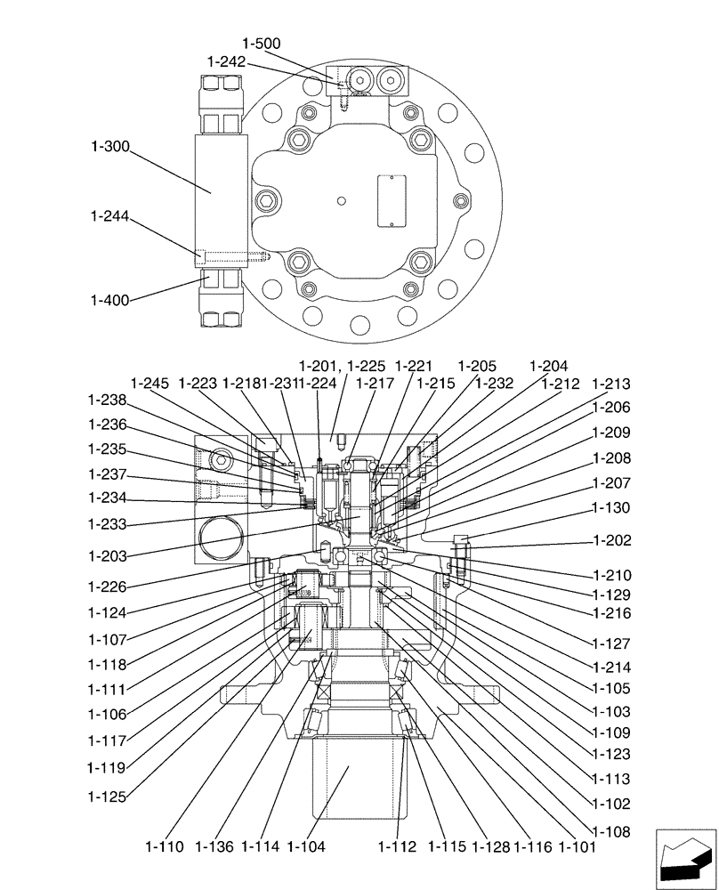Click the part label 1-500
coord(261,43)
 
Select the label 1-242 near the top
coord(225,61)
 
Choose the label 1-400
coord(109,301)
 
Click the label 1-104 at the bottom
coord(306,846)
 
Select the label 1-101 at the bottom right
coord(578,846)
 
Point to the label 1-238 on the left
coord(107,400)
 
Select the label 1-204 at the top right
coord(549,366)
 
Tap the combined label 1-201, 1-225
coord(342,366)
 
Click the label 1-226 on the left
coord(107,587)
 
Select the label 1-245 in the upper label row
coord(149,384)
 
